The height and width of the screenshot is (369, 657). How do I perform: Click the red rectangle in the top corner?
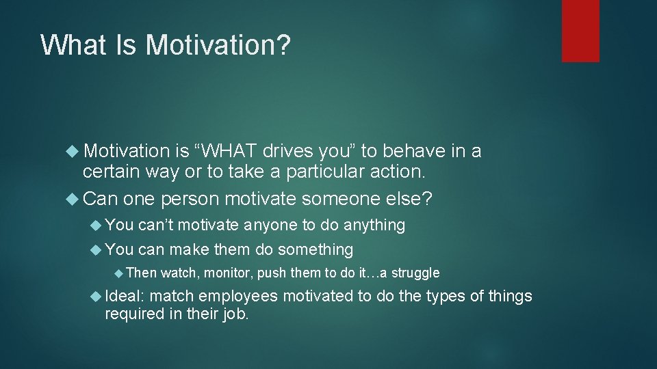click(x=580, y=31)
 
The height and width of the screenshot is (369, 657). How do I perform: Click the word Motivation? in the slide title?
click(x=218, y=45)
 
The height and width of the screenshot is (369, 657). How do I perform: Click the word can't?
click(x=157, y=225)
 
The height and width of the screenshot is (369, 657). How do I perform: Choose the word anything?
click(x=374, y=225)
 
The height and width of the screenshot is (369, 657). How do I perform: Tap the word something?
click(x=315, y=249)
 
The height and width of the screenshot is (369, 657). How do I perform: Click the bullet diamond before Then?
click(x=118, y=273)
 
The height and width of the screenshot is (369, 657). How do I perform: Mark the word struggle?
click(x=415, y=273)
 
